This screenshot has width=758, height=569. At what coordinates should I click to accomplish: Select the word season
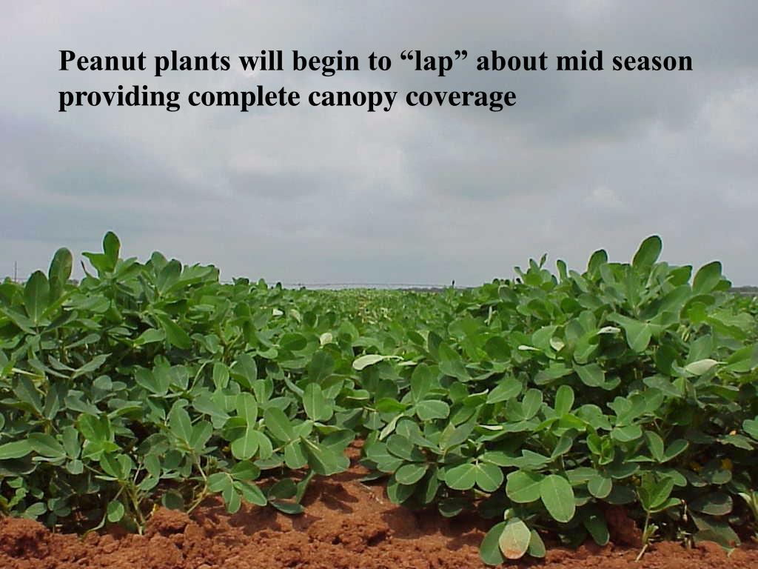(651, 61)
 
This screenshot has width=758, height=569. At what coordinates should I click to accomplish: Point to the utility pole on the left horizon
(15, 271)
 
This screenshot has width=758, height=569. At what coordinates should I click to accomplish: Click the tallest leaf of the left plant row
(111, 244)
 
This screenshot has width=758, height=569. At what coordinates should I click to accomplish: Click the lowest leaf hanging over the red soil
(514, 539)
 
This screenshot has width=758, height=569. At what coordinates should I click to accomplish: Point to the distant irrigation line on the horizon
(370, 285)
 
